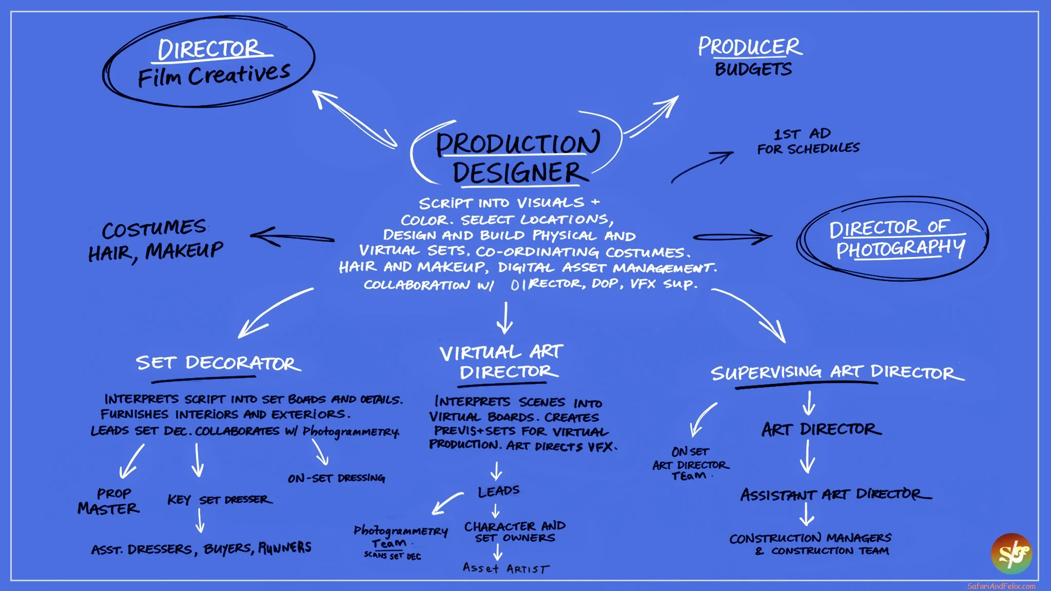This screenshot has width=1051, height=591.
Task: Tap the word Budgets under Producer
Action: click(x=753, y=69)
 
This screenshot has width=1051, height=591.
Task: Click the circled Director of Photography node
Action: click(x=896, y=239)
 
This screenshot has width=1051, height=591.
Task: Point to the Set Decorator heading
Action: click(x=218, y=363)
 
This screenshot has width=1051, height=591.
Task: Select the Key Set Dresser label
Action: click(x=219, y=500)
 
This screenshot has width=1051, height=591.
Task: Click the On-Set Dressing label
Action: click(x=336, y=478)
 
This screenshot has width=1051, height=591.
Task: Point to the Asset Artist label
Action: click(x=505, y=568)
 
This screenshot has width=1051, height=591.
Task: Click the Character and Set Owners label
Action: click(x=515, y=532)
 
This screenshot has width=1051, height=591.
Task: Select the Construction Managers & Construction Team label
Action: click(x=811, y=544)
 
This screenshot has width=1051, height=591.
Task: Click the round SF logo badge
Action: click(x=1011, y=554)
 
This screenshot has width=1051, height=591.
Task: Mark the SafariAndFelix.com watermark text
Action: click(x=1001, y=586)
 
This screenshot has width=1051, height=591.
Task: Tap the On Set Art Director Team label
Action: click(x=690, y=464)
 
